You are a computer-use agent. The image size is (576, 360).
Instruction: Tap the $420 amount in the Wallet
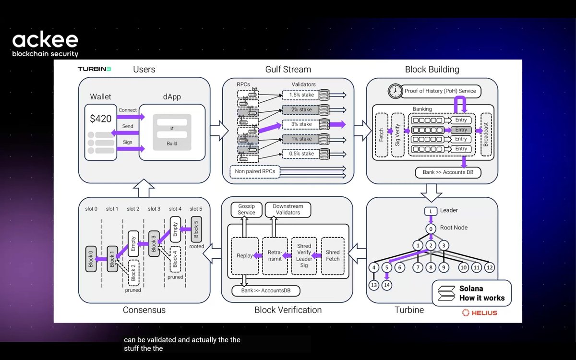(x=101, y=118)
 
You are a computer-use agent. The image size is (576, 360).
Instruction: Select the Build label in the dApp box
(x=172, y=143)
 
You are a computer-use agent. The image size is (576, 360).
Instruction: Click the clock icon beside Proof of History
(x=396, y=91)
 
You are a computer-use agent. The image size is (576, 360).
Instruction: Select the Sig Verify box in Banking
(x=398, y=134)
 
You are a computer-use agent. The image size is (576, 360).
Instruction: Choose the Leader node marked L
(x=431, y=211)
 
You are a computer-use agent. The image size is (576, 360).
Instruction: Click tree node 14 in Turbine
(x=387, y=285)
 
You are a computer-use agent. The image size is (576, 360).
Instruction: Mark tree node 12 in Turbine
(x=489, y=267)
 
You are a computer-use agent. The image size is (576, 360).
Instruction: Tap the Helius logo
(x=480, y=313)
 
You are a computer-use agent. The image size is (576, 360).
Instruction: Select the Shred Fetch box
(x=333, y=255)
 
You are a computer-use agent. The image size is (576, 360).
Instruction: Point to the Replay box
(x=245, y=255)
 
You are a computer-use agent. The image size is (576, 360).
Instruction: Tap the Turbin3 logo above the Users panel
(x=95, y=69)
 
